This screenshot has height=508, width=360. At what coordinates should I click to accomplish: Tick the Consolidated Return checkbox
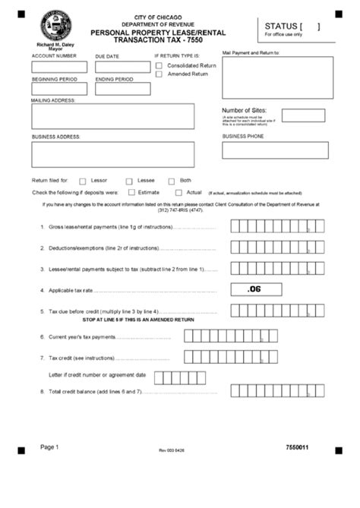coord(159,65)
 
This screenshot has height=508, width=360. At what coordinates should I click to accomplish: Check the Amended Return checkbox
coord(159,74)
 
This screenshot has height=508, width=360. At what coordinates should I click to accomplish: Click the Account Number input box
coord(59,67)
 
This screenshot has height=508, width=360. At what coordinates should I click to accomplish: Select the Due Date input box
coord(122,67)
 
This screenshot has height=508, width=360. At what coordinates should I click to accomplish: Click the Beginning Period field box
coord(59,89)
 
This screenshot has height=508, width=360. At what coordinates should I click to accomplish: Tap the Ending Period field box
coord(122,89)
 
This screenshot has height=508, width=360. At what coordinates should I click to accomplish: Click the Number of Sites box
coord(303,115)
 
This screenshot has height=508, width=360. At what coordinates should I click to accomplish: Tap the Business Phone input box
coord(275,150)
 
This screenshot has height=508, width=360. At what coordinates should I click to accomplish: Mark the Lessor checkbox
coord(82,181)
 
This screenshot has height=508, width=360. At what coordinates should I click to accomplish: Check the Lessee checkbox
coord(129,181)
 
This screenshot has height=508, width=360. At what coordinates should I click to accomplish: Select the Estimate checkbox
coord(131,192)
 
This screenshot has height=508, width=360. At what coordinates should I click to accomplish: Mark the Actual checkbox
coord(179,192)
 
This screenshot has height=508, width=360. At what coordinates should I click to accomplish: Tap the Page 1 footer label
coord(49,447)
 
